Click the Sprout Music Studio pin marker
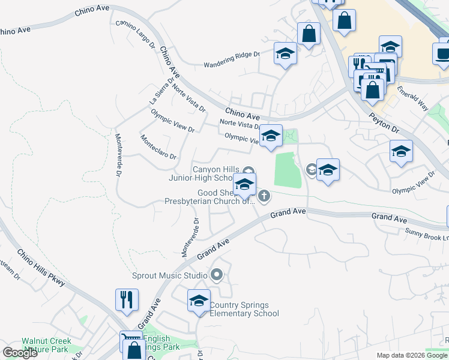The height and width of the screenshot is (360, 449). [217, 275]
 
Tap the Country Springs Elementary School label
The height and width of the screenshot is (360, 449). [244, 309]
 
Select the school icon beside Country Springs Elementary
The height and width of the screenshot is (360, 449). [199, 301]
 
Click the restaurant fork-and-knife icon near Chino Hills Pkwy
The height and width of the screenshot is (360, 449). [127, 299]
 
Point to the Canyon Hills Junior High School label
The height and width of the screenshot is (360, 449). [215, 173]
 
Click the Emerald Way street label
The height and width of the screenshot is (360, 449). [412, 97]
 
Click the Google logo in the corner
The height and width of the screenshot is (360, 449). [19, 353]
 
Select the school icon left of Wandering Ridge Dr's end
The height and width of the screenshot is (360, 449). [286, 54]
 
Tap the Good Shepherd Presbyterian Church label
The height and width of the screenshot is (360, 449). [210, 197]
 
